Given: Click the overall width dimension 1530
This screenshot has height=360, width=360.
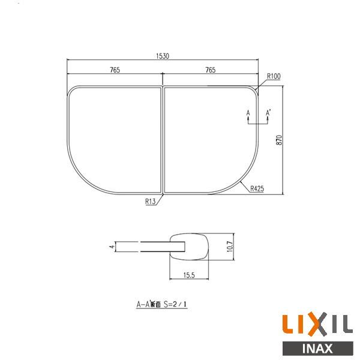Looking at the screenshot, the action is pos(163,56).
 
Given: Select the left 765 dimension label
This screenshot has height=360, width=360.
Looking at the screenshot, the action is pos(115,70).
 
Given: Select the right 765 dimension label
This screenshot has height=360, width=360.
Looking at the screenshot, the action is pos(211,70).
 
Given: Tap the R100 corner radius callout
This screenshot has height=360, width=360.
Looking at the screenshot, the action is pos(274,76).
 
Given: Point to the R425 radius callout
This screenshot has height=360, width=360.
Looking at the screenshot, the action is pos(257,188).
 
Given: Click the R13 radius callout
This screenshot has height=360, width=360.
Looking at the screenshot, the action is pos(151,202).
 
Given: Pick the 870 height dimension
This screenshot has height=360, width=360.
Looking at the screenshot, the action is pos(279,140).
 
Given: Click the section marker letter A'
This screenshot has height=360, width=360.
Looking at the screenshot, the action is pos(268,113).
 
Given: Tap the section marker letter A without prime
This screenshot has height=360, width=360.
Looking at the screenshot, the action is pos(248,113).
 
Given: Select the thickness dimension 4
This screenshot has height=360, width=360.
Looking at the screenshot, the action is pos(112,247).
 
